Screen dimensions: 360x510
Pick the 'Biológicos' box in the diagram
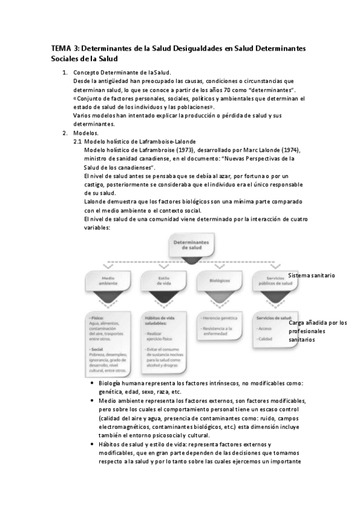click(x=215, y=280)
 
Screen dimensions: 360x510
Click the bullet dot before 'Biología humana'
click(x=91, y=383)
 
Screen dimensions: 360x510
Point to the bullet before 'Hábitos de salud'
click(x=91, y=444)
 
